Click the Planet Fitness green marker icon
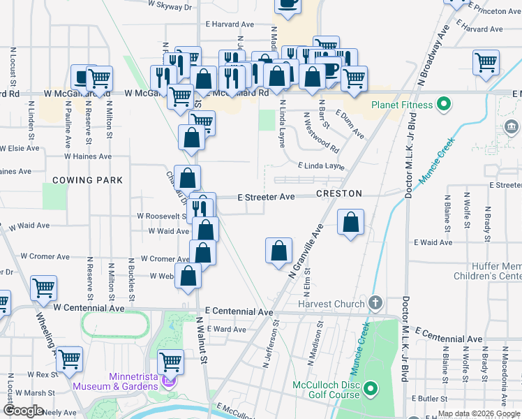pyautogui.click(x=442, y=105)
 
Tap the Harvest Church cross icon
pyautogui.click(x=375, y=303)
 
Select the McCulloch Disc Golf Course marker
pyautogui.click(x=371, y=388)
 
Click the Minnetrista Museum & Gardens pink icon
pyautogui.click(x=167, y=381)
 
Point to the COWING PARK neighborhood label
pyautogui.click(x=87, y=180)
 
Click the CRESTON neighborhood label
pyautogui.click(x=338, y=193)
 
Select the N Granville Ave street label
pyautogui.click(x=306, y=251)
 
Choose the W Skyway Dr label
pyautogui.click(x=170, y=6)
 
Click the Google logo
pyautogui.click(x=22, y=411)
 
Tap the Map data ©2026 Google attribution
pyautogui.click(x=479, y=413)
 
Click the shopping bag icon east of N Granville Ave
pyautogui.click(x=351, y=223)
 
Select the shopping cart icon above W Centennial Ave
pyautogui.click(x=43, y=287)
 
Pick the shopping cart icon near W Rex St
pyautogui.click(x=69, y=359)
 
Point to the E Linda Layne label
pyautogui.click(x=321, y=166)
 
